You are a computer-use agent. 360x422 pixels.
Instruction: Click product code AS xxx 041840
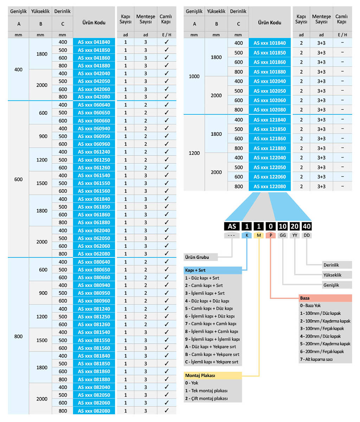(x=94, y=42)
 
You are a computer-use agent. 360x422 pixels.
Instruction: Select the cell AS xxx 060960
(x=94, y=144)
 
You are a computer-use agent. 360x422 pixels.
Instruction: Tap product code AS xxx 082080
(x=94, y=411)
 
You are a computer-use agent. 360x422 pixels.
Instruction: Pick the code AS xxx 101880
(x=270, y=72)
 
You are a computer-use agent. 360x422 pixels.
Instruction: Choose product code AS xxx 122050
(x=270, y=167)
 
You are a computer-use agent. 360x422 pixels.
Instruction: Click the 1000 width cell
(x=194, y=76)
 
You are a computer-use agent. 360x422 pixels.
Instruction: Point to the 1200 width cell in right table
(x=194, y=153)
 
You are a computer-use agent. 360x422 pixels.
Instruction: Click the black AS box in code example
(x=232, y=226)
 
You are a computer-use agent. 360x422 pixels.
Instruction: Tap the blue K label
(x=247, y=235)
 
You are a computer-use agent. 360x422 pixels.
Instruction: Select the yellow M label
(x=259, y=235)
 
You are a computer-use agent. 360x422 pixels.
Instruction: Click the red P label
(x=271, y=235)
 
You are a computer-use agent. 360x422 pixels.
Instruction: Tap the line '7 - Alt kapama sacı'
(x=316, y=359)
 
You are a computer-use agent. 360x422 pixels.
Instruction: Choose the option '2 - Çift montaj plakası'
(x=206, y=398)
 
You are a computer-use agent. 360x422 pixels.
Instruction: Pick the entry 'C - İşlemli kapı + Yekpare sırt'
(x=212, y=362)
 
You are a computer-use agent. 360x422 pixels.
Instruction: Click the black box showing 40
(x=307, y=226)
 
